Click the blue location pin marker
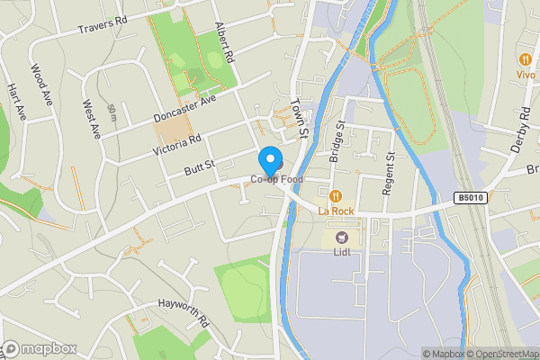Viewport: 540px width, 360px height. tap(269, 160)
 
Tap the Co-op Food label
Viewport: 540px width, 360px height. tap(277, 179)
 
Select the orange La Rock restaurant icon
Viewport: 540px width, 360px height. tap(336, 195)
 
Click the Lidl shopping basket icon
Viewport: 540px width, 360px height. tap(341, 237)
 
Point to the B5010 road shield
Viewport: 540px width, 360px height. tap(470, 198)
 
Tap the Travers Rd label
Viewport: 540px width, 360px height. tap(103, 25)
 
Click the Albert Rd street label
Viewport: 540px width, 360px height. tap(224, 43)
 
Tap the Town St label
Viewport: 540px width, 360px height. tap(300, 119)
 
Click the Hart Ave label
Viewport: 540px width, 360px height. tap(17, 102)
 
